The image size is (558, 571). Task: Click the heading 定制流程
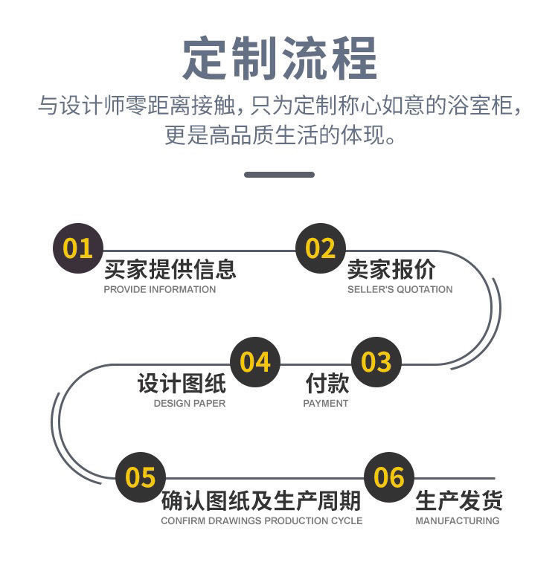(280, 57)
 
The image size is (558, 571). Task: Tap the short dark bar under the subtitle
(279, 175)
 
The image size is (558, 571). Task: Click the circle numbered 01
(77, 248)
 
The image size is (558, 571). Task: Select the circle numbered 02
(321, 248)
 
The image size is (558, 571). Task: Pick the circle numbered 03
(376, 362)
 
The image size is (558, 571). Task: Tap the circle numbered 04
(254, 362)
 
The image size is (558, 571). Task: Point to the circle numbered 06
(388, 477)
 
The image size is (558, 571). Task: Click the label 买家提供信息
(170, 268)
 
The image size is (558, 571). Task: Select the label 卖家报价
(391, 268)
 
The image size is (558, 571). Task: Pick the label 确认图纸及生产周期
(261, 500)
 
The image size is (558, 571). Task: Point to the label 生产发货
(458, 500)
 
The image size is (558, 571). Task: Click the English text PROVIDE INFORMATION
(159, 289)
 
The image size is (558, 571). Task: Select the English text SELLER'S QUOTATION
(400, 289)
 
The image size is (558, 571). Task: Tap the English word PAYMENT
(325, 403)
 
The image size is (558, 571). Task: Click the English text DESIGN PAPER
(189, 403)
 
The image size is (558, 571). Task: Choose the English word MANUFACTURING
(457, 520)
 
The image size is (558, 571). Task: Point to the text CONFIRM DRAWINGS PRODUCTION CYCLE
(261, 520)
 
